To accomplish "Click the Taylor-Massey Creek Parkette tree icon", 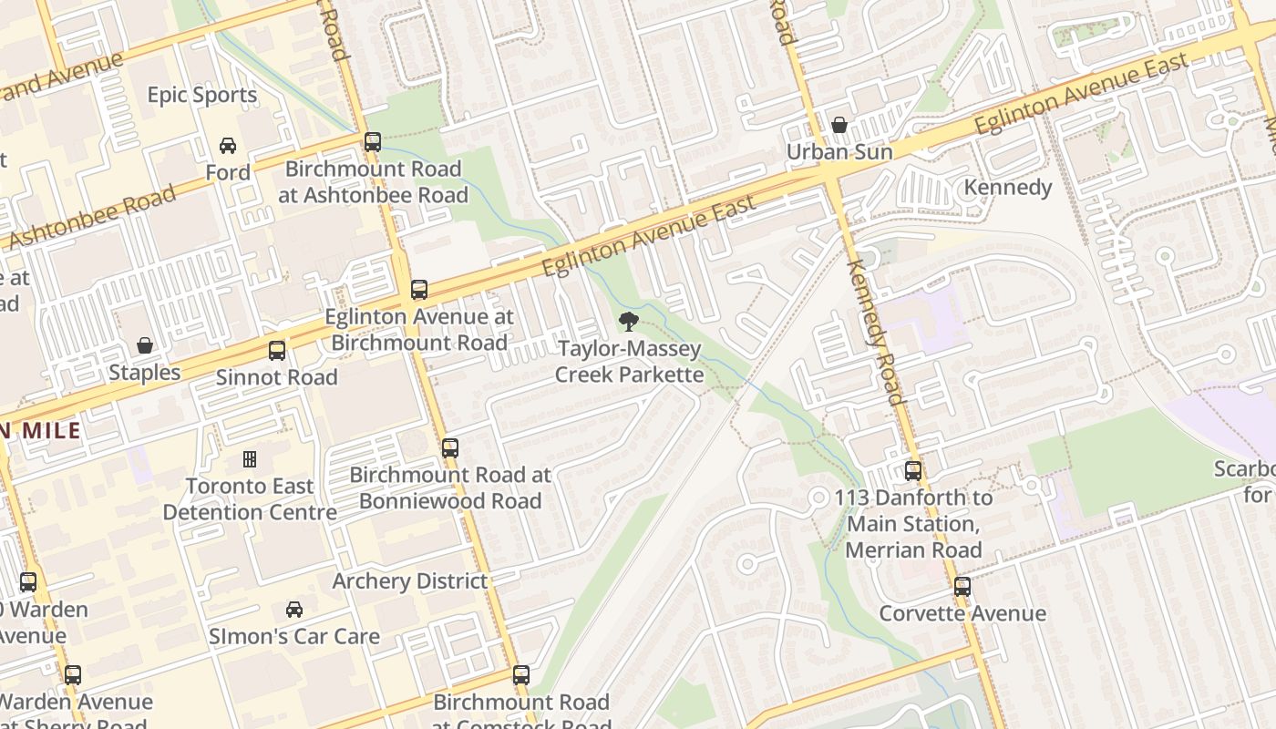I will coord(628,321).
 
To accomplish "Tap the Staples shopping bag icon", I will coord(144,345).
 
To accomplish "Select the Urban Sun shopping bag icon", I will coord(839,125).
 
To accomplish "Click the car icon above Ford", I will coord(228,146).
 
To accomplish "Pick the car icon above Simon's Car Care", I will coord(294,609).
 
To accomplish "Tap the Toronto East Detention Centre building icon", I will coord(250,459).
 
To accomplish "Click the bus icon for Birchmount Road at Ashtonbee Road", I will coord(372,142).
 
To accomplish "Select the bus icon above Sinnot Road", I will coord(276,351).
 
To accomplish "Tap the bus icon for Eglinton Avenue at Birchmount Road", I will coord(419,290).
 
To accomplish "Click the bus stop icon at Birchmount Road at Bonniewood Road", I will coord(450,448).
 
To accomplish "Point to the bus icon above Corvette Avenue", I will coord(962,587).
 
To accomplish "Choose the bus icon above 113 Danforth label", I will coord(913,471).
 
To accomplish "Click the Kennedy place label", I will coord(1008,188).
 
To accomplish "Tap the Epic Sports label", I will coord(202,95).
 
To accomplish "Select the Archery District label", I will coord(410,581).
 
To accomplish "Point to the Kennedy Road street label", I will coord(876,332).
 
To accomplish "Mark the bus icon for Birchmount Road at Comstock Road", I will coord(521,675).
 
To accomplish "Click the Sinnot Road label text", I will coord(276,377).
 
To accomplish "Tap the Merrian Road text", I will coord(913,549).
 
